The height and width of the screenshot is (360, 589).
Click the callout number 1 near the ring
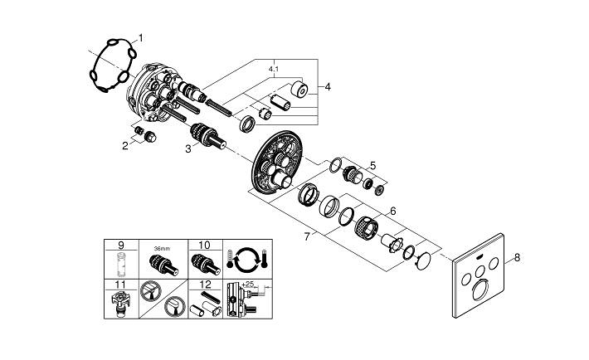[x=140, y=37]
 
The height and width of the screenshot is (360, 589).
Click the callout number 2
[x=125, y=146]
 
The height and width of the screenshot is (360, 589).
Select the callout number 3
[x=188, y=149]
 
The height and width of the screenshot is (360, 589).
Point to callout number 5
[x=372, y=165]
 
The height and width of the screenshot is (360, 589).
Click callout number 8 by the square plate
[x=518, y=258]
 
